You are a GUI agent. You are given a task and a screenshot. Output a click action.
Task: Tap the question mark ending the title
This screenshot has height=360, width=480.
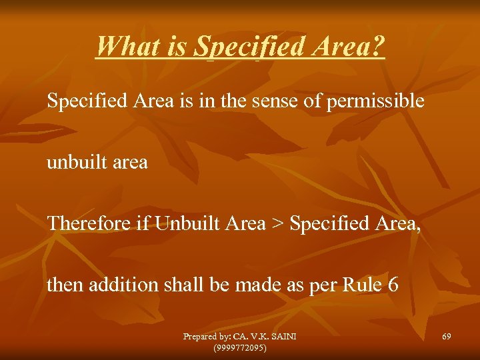coord(378,47)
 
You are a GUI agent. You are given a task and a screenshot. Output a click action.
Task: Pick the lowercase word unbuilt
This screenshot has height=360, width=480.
coord(75,162)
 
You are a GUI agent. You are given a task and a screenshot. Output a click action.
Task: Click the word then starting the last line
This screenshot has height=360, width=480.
coord(63,285)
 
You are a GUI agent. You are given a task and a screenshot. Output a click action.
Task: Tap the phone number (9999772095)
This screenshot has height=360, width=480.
coord(240,347)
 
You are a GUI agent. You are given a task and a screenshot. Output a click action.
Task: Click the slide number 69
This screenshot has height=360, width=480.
coord(446,337)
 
